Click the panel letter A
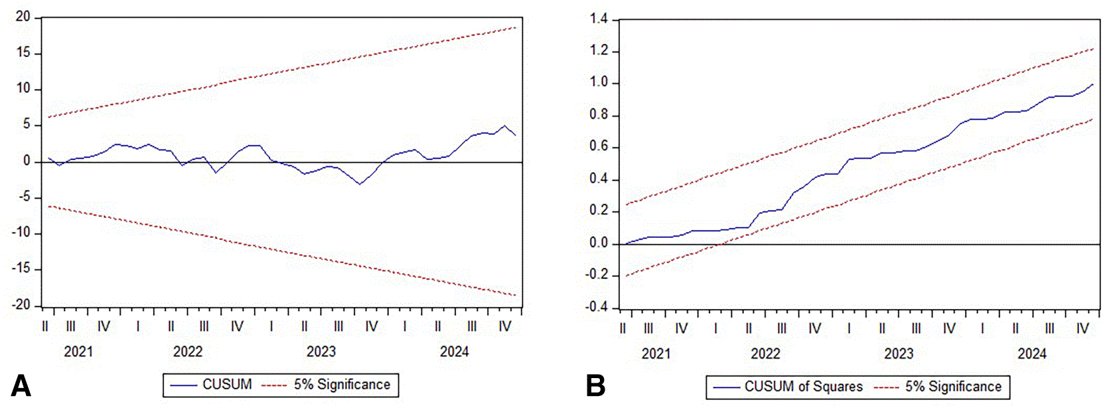click(21, 386)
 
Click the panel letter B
click(595, 386)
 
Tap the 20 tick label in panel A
click(23, 17)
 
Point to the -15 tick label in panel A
click(21, 269)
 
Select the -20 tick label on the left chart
click(21, 305)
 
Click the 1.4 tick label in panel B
click(599, 20)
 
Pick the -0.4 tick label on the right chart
click(597, 308)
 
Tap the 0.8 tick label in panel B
click(599, 116)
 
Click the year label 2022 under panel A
click(188, 352)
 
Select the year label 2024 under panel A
click(455, 352)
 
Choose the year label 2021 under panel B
click(656, 354)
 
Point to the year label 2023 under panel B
click(899, 354)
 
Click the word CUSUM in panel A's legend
click(227, 385)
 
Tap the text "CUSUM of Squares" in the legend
click(804, 387)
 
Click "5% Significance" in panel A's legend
click(342, 385)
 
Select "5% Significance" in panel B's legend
click(954, 387)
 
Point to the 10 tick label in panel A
click(23, 89)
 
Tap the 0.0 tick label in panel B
click(599, 243)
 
